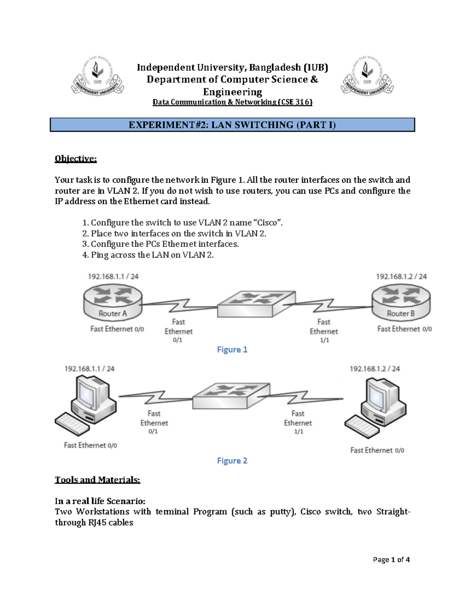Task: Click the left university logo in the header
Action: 98,76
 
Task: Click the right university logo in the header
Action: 367,76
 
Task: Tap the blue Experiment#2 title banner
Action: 232,125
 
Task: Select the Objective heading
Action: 76,159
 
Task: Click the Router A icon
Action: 113,302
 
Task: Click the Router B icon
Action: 401,302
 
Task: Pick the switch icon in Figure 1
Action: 256,304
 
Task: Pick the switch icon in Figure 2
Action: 231,396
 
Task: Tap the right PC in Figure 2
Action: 376,407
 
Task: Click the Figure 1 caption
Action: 232,350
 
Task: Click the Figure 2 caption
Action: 232,461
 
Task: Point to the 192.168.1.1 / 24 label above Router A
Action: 113,276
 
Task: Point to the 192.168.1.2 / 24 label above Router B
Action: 401,276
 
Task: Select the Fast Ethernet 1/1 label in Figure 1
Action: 324,330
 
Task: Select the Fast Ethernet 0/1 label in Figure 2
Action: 154,422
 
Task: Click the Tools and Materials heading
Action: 97,480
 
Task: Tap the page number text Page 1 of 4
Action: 391,559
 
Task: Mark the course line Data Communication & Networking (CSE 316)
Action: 232,102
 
